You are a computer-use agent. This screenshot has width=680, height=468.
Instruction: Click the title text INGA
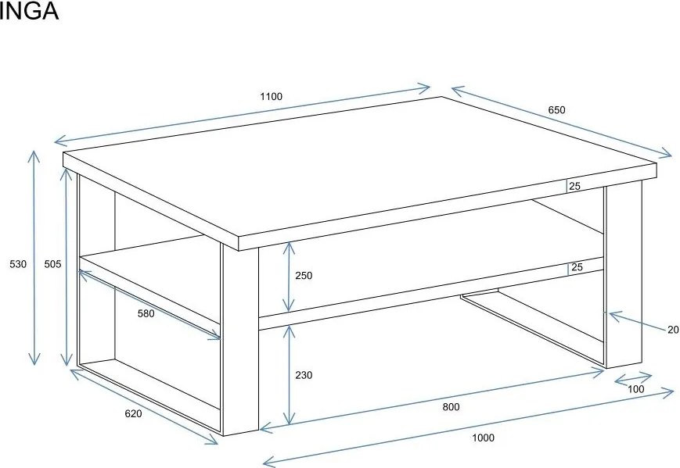coord(29,11)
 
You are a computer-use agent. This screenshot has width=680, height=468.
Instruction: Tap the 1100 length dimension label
coord(271,97)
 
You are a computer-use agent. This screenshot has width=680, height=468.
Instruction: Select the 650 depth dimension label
coord(556,110)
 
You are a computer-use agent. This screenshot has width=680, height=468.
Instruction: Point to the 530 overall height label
coord(18,264)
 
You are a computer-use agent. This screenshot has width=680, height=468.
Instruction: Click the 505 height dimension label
coord(53,264)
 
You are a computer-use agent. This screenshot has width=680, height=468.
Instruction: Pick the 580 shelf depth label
coord(146,313)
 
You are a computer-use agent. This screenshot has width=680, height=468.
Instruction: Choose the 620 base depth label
coord(133,414)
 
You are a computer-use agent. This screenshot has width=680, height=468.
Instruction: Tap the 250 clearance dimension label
coord(304,276)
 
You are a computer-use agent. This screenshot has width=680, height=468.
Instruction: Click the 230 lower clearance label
coord(304,375)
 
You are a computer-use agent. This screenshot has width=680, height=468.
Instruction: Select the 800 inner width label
coord(451,407)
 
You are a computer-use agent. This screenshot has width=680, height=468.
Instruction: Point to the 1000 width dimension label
coord(483,438)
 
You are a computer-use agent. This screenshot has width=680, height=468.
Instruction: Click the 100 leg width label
coord(635,389)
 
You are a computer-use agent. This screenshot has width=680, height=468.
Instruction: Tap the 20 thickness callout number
coord(673,330)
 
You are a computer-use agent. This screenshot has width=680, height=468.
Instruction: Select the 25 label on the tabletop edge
coord(574,187)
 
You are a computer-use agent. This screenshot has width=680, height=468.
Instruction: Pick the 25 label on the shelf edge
coord(577,267)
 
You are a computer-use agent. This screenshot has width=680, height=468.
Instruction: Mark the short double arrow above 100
coord(634,378)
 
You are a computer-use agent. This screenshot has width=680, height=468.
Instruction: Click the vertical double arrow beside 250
coord(289,277)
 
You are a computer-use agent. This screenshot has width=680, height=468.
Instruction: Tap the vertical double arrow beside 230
coord(290,375)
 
